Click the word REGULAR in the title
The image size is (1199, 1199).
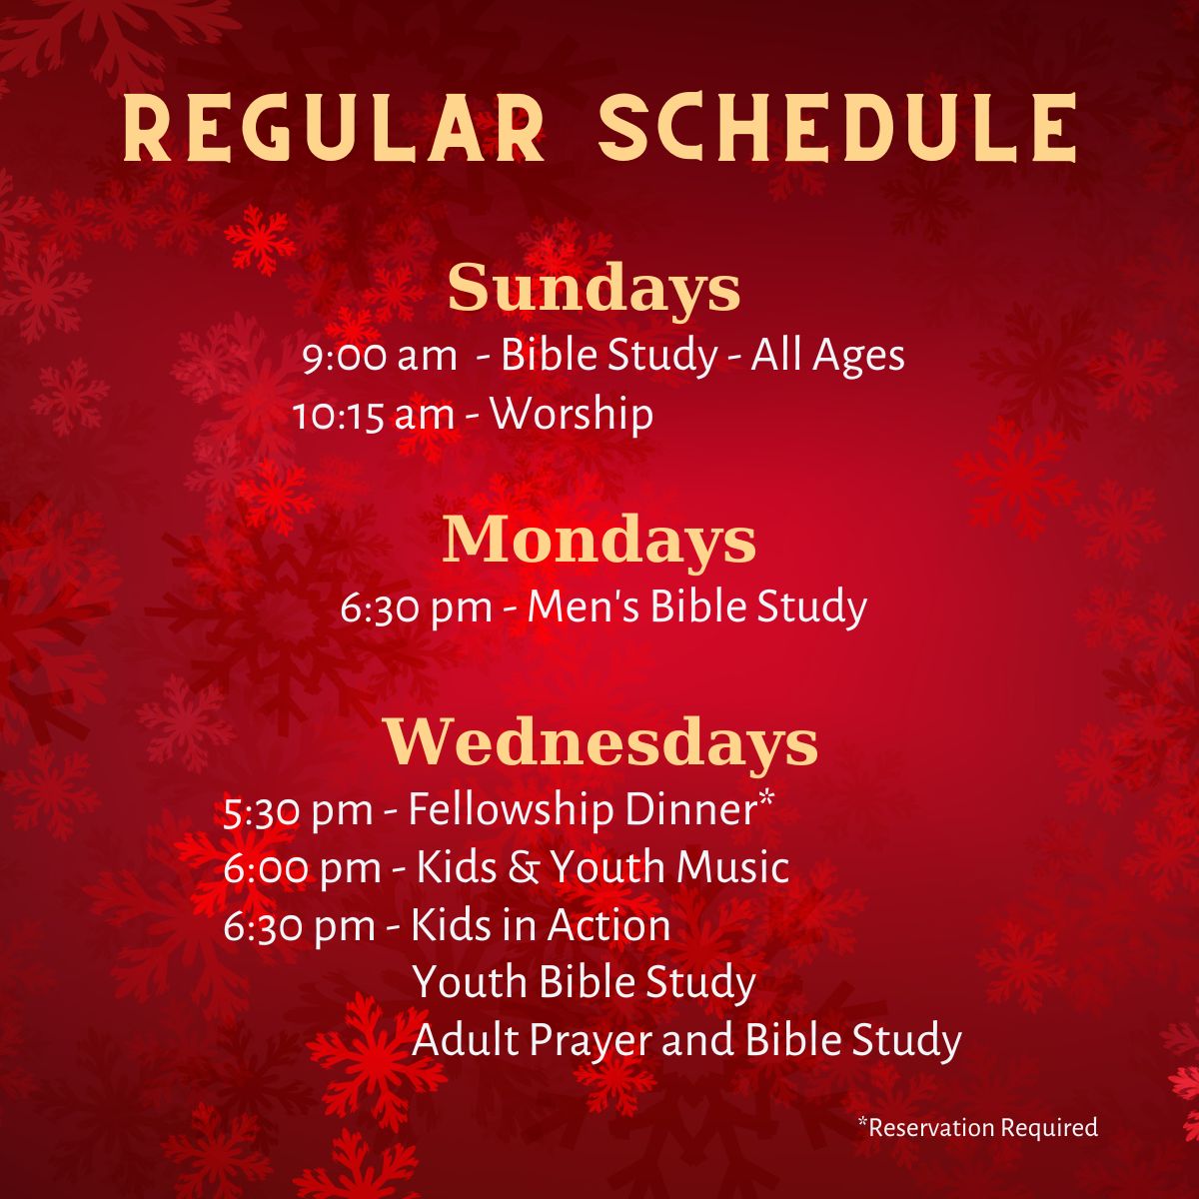tap(333, 127)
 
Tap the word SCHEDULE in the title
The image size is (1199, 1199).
tap(837, 127)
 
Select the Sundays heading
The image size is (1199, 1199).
tap(595, 289)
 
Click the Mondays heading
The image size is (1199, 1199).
tap(599, 539)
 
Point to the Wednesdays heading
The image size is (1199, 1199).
tap(601, 741)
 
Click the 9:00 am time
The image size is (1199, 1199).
tap(380, 357)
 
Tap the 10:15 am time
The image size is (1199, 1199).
tap(374, 416)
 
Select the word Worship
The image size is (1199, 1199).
tap(572, 415)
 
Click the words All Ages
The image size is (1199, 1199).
tap(827, 357)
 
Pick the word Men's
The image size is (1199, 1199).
tap(583, 606)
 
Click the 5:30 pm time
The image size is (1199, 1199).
tap(298, 811)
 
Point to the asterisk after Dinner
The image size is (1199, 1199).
tap(766, 797)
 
